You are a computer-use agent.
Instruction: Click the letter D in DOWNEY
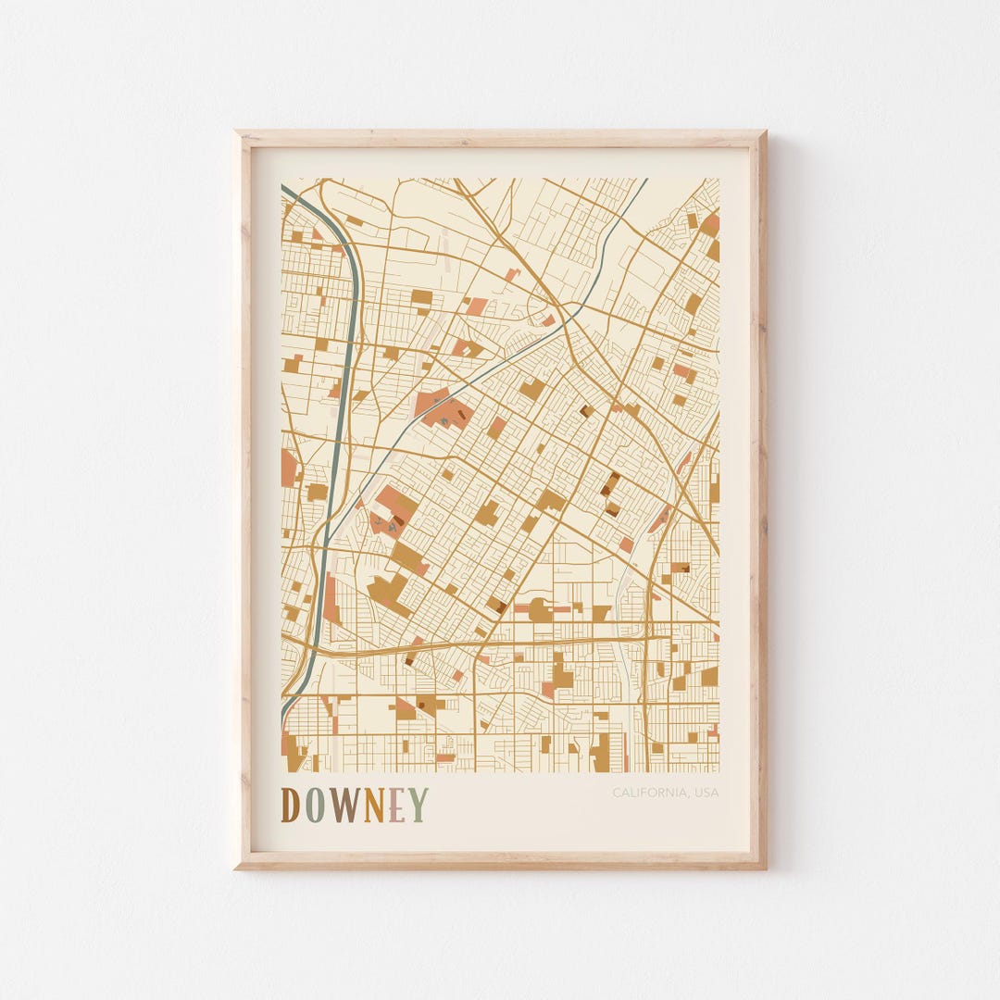pyautogui.click(x=290, y=805)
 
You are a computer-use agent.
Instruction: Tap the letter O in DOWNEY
pyautogui.click(x=316, y=805)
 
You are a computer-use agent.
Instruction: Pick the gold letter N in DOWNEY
pyautogui.click(x=373, y=805)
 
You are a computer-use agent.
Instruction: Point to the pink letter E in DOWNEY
pyautogui.click(x=396, y=805)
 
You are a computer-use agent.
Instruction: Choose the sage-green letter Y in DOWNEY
pyautogui.click(x=418, y=805)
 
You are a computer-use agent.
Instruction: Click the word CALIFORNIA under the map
pyautogui.click(x=649, y=793)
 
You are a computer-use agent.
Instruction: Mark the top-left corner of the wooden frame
pyautogui.click(x=237, y=133)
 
